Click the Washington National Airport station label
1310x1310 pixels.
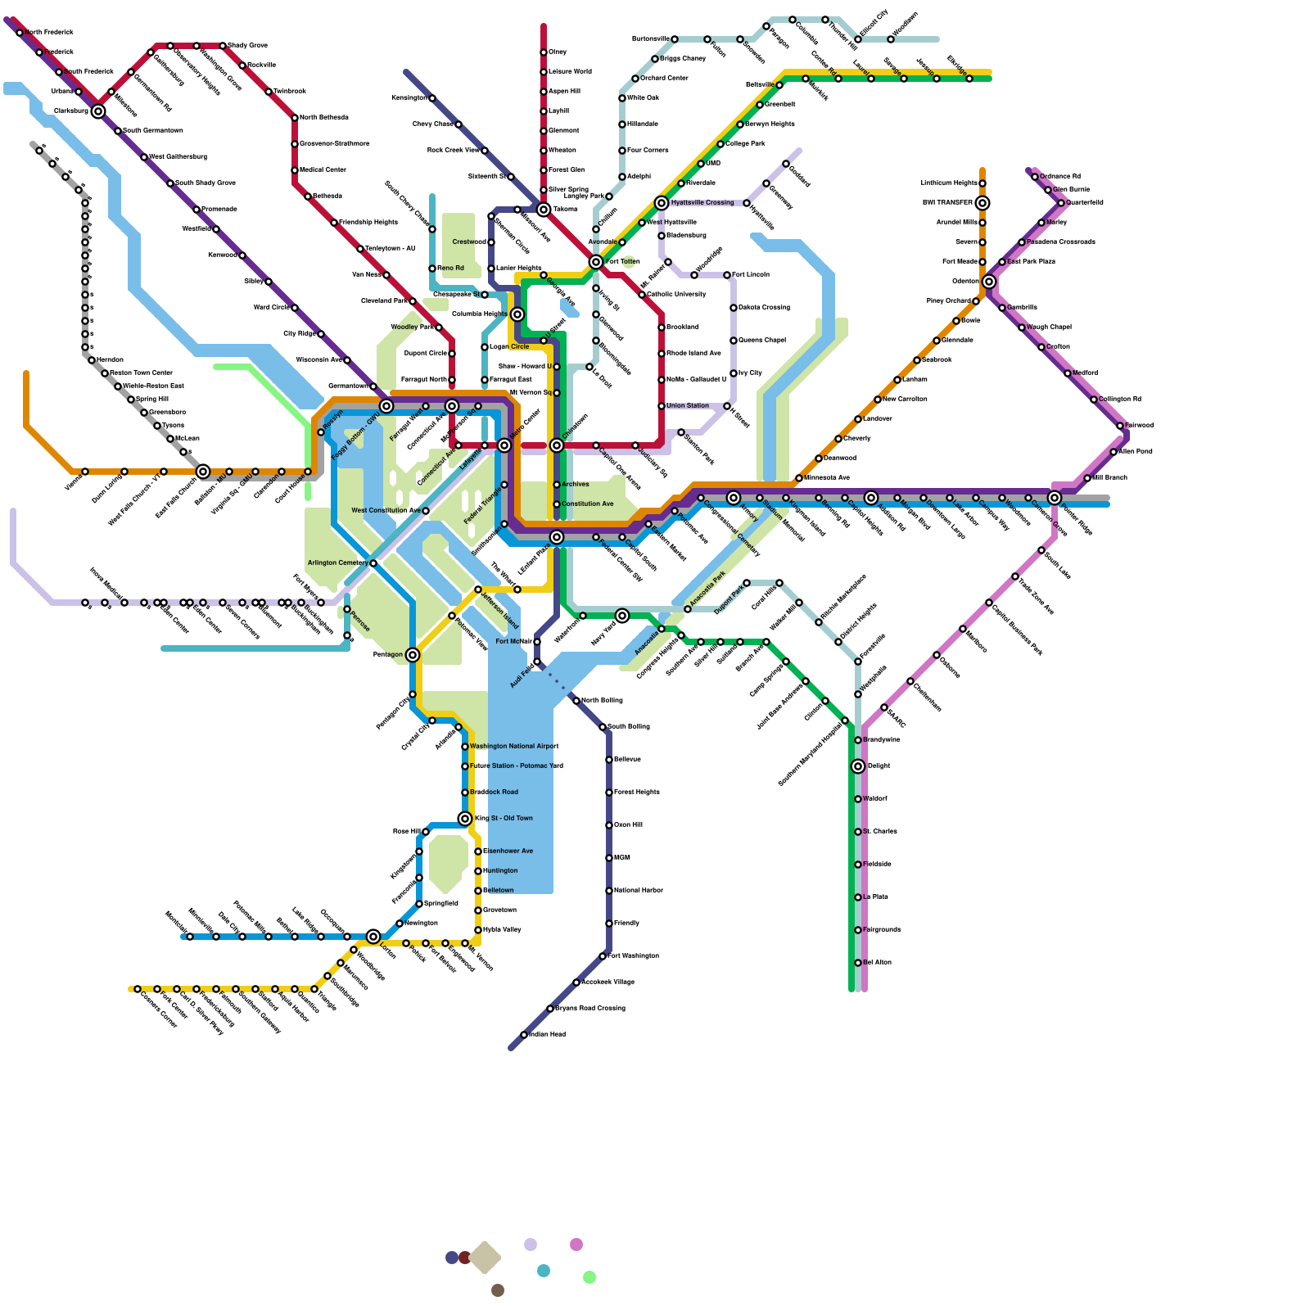coord(514,746)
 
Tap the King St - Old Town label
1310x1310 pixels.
coord(504,818)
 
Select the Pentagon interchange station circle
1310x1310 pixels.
coord(413,655)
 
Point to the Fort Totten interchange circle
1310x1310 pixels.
coord(596,262)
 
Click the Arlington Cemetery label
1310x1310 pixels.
coord(337,563)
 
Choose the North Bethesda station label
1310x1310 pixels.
coord(324,118)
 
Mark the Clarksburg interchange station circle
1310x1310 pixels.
coord(98,111)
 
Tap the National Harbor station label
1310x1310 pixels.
coord(639,890)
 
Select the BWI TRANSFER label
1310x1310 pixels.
coord(947,202)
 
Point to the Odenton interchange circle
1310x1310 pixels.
coord(989,282)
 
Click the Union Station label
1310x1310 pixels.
coord(688,405)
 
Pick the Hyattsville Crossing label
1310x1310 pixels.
coord(702,202)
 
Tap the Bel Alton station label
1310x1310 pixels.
coord(877,962)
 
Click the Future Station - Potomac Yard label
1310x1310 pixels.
coord(517,766)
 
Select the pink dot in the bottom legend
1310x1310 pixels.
coord(576,1244)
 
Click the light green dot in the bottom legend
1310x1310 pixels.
coord(589,1277)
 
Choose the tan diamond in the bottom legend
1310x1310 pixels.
coord(485,1258)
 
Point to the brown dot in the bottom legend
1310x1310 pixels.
coord(498,1290)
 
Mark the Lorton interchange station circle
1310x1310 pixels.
coord(373,937)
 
